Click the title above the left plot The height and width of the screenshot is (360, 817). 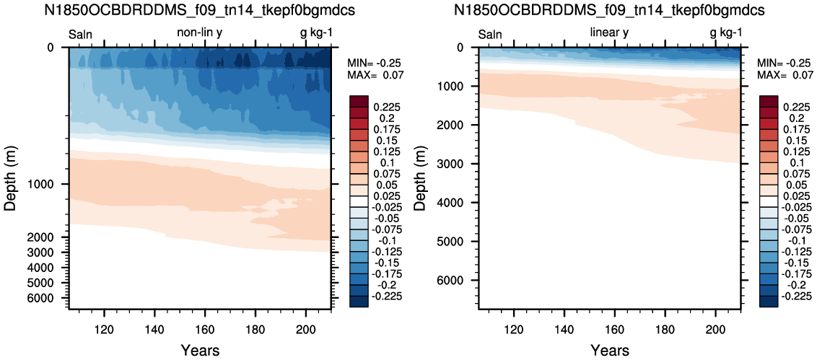pos(200,10)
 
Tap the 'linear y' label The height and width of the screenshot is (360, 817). pos(609,32)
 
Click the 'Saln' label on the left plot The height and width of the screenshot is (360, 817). pos(81,35)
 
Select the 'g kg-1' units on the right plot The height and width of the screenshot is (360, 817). pos(726,34)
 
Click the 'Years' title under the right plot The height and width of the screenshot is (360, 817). pos(609,349)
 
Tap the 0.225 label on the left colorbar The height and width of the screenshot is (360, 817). pos(385,107)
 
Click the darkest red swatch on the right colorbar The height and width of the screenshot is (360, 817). pos(769,101)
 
